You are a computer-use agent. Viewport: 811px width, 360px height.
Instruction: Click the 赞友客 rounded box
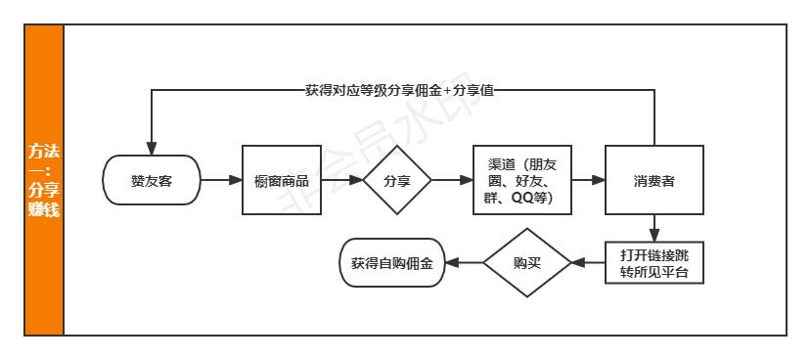point(152,180)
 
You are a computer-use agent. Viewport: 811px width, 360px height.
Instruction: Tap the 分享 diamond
point(396,180)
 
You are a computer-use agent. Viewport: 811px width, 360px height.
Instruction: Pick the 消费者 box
point(653,180)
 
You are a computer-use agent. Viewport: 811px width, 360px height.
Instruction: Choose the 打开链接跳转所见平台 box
point(653,262)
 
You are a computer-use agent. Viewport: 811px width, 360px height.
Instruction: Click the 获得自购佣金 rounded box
point(390,262)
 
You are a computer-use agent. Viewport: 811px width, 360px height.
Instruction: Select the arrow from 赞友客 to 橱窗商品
point(221,180)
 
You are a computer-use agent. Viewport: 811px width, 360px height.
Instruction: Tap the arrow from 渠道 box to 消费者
point(586,180)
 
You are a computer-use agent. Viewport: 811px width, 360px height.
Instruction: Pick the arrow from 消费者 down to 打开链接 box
point(653,228)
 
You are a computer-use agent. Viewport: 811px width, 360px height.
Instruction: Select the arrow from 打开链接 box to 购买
point(588,262)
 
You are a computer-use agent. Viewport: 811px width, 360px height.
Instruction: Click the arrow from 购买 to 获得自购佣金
point(462,262)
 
